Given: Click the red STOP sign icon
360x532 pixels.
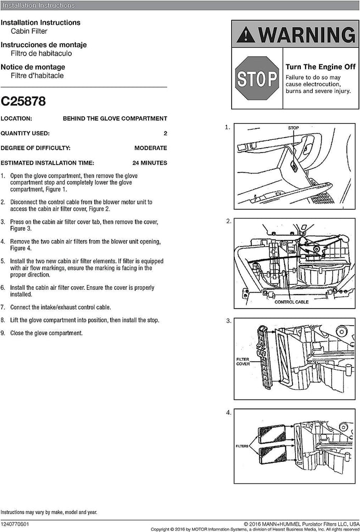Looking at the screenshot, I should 257,78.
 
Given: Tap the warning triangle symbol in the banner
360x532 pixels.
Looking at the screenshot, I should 246,35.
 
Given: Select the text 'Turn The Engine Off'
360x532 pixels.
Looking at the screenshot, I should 320,67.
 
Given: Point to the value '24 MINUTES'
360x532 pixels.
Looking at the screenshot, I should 150,163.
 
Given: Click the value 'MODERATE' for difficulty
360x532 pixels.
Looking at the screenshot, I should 151,148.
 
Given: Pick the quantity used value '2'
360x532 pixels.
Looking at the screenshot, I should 165,133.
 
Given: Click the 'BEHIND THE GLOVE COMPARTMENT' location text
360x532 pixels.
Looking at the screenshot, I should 115,118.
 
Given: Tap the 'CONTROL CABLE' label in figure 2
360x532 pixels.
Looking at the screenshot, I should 291,302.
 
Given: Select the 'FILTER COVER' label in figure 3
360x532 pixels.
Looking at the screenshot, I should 243,361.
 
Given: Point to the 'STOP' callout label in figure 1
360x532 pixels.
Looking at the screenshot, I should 294,127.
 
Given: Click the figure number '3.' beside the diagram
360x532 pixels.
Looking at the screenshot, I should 229,321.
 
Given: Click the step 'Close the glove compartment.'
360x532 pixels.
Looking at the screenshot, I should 46,333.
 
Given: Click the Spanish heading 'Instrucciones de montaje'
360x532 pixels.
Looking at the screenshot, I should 44,45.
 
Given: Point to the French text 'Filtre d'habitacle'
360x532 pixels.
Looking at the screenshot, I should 37,75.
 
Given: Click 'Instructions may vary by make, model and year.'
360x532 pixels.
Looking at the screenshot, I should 48,512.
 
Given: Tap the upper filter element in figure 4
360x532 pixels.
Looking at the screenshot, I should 272,433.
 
